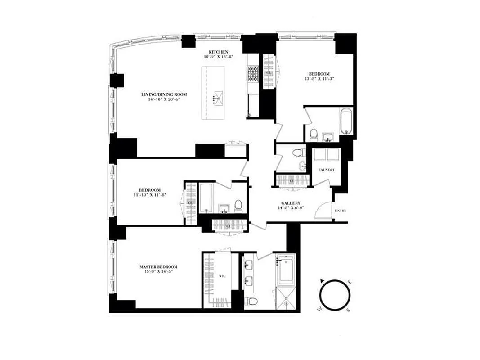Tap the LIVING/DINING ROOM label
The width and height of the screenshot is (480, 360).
[x=164, y=94]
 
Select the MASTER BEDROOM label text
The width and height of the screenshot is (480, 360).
[x=158, y=266]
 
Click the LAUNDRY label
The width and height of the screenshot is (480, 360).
[x=326, y=170]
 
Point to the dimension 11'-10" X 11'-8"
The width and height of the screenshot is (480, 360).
[x=150, y=195]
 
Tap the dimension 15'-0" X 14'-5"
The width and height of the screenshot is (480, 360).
[x=158, y=272]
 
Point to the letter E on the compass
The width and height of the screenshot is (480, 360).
[x=350, y=282]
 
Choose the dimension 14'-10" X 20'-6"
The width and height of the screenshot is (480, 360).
[x=164, y=100]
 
